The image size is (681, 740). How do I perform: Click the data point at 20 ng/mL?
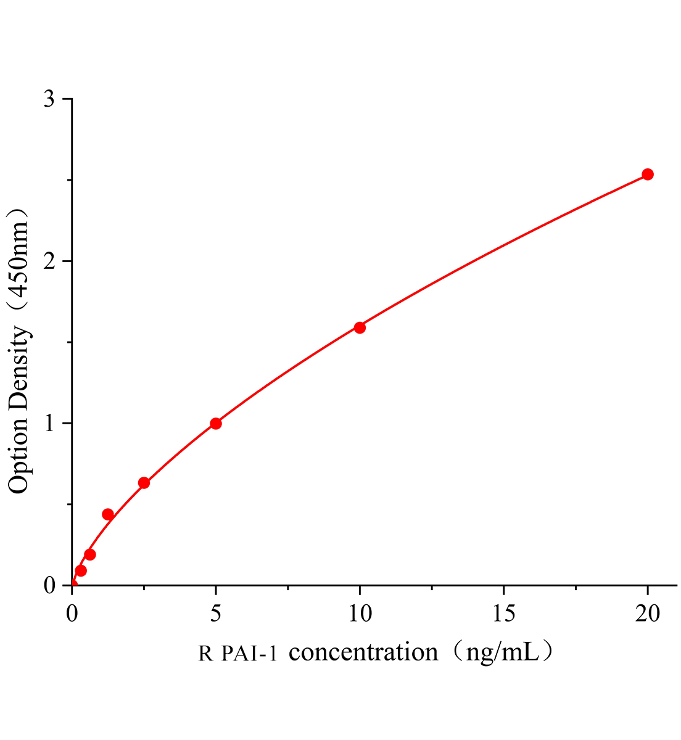pos(648,175)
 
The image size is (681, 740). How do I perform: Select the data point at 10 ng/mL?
pos(360,327)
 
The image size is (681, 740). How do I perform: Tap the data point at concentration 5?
pos(216,424)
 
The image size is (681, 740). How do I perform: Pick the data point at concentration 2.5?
pos(144,483)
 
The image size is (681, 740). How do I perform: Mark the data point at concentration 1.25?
pos(108,514)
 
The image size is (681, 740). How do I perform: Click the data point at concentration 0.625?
pos(90,554)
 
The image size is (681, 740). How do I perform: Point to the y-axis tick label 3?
pos(49,99)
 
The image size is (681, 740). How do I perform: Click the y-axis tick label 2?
pos(49,261)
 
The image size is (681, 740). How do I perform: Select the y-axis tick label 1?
pos(49,424)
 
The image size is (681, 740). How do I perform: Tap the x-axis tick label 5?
pos(216,613)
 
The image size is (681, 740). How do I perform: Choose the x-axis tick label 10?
pos(360,613)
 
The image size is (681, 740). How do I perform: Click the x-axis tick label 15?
pos(503,613)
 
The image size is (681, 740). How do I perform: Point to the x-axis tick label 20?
pos(648,613)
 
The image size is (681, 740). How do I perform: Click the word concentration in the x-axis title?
pos(363,652)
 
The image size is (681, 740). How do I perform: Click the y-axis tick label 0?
pos(49,585)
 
